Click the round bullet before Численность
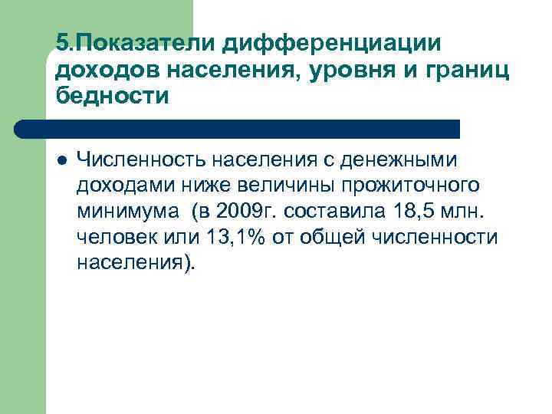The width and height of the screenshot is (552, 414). pos(61,159)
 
